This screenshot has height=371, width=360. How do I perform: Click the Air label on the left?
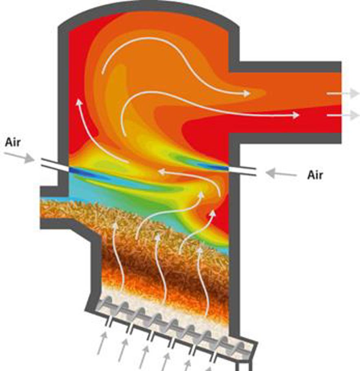coord(13,142)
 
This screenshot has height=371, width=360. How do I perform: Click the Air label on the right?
coord(315,175)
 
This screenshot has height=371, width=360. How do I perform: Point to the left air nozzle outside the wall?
coord(50,163)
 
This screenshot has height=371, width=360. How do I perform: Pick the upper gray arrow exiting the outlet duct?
coord(343,93)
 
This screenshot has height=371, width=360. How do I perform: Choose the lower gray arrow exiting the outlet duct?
coord(343,115)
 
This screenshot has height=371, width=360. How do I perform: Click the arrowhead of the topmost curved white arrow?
coord(246,93)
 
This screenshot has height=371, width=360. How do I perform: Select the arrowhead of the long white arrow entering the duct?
coord(296,115)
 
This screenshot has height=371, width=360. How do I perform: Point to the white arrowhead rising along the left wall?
coord(79,103)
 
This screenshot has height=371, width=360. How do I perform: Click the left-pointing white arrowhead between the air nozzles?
coord(162,172)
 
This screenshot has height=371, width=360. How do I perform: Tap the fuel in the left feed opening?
coord(55,209)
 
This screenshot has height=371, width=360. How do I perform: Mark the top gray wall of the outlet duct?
coord(285,67)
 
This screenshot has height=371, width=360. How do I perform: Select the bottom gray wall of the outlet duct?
coord(285,139)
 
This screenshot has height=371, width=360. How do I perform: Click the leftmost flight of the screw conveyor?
coord(107,304)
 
